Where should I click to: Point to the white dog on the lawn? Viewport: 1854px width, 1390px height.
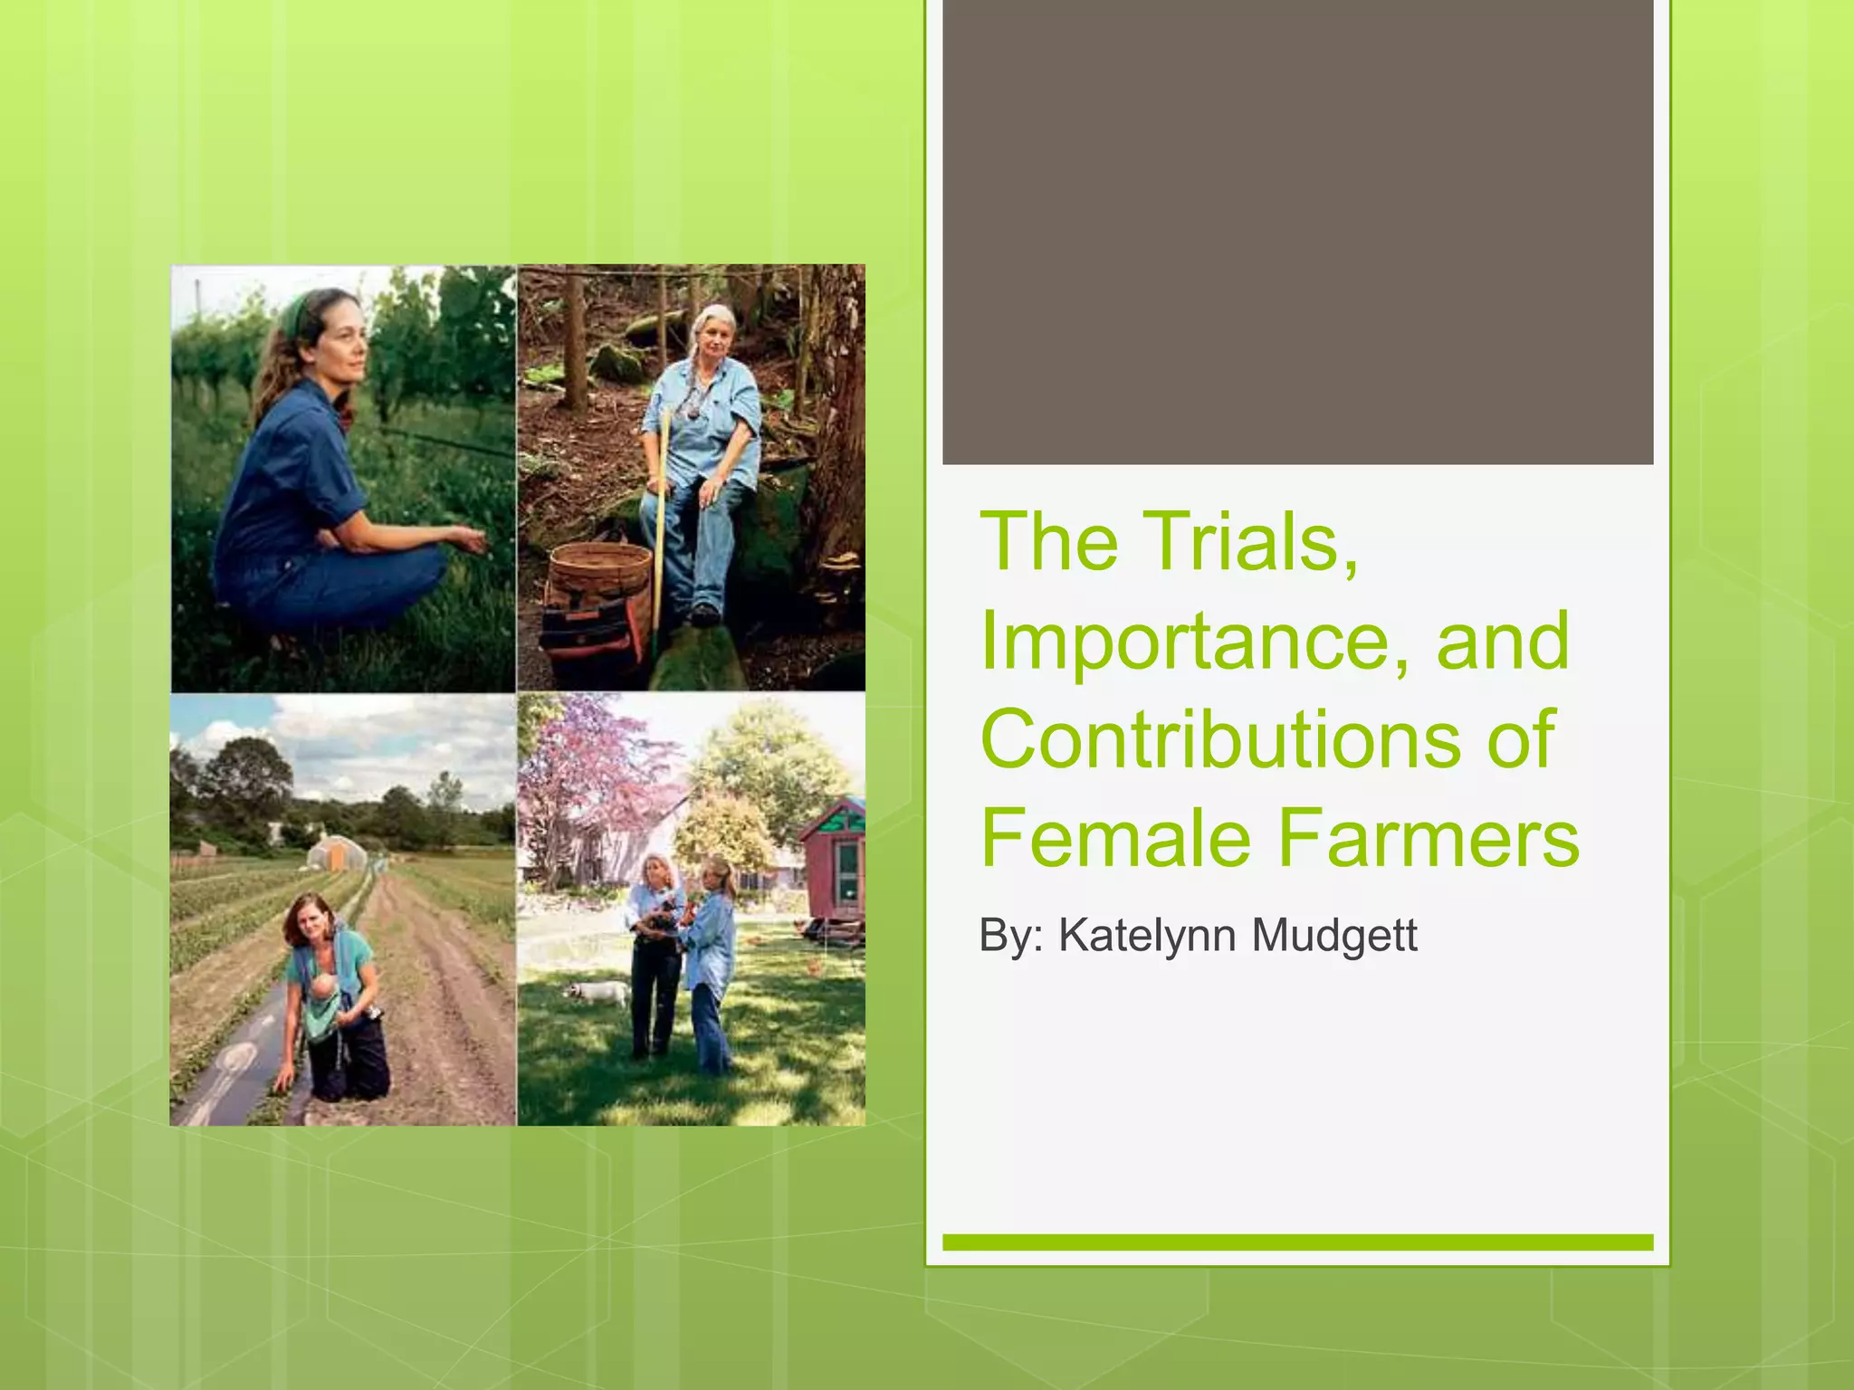coord(597,994)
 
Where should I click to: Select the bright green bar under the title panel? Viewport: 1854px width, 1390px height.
coord(1297,1242)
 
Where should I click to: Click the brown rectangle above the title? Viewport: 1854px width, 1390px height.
coord(1297,232)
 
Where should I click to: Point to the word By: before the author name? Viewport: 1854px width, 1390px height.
coord(1012,936)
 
